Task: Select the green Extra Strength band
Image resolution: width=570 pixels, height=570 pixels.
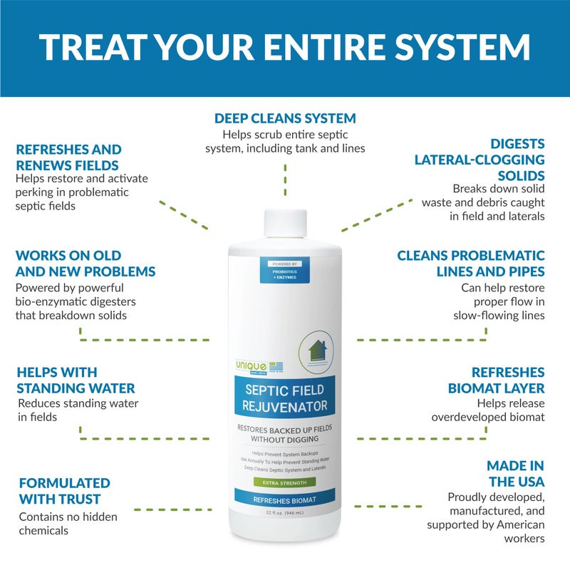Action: [284, 483]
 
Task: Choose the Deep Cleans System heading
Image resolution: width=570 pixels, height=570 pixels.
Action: [285, 118]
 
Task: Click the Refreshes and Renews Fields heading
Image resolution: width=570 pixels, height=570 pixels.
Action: [68, 158]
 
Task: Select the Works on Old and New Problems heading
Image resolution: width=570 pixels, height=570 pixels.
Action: [85, 263]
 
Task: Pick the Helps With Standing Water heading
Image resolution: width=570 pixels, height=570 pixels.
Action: [76, 380]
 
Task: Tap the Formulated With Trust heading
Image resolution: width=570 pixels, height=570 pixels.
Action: [64, 491]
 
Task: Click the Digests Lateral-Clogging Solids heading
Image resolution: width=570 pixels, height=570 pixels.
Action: [479, 159]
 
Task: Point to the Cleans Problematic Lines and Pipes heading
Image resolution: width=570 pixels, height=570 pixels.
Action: [471, 263]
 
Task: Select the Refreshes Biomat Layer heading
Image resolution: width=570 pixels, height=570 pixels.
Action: [496, 380]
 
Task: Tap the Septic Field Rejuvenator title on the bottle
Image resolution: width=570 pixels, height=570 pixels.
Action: [285, 398]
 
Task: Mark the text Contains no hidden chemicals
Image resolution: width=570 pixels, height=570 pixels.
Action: [68, 524]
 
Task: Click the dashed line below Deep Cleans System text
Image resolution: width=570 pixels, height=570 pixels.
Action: [285, 178]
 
